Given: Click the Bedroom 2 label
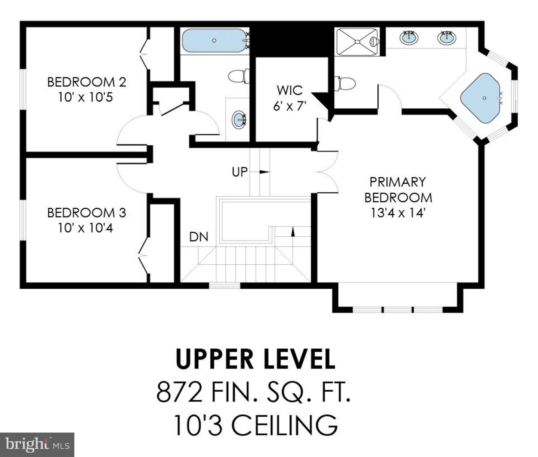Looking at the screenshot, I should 86,82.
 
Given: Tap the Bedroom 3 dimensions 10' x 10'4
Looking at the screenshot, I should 86,228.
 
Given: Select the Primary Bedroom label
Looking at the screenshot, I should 398,190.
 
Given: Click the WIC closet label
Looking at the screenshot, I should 290,90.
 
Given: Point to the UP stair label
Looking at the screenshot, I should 240,172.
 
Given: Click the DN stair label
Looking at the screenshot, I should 198,237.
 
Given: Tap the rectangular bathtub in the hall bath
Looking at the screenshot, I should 214,40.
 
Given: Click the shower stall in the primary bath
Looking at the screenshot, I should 357,41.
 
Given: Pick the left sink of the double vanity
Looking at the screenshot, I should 409,37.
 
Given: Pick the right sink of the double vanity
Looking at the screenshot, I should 446,38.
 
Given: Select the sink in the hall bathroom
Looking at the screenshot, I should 239,119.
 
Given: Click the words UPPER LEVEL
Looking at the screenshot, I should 255,359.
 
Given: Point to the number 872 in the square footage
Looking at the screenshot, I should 179,392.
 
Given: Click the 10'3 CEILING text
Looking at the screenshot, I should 255,425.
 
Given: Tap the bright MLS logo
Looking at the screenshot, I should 37,445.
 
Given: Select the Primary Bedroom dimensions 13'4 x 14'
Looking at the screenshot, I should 398,213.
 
